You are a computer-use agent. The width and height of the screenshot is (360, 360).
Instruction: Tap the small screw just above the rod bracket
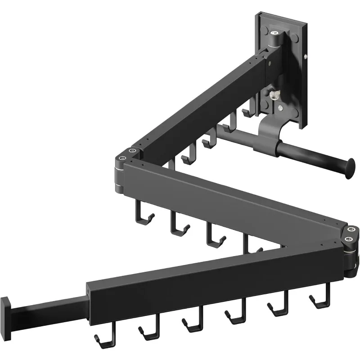point(280,108)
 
